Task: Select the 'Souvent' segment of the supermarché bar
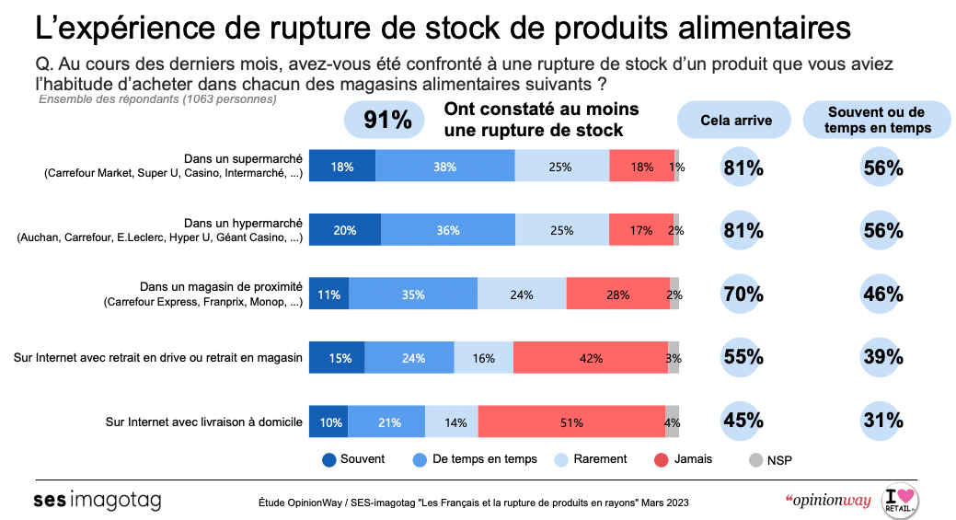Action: tap(341, 167)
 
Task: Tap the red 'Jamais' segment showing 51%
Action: tap(570, 422)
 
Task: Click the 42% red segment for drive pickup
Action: tap(590, 358)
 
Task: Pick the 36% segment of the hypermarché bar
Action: tap(448, 231)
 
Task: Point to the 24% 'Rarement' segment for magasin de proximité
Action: tap(522, 295)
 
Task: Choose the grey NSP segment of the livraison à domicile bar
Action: tap(673, 422)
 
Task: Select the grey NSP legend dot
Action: tap(755, 459)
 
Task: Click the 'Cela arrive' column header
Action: tap(736, 120)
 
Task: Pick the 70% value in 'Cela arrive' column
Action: tap(743, 295)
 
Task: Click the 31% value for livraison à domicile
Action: tap(882, 421)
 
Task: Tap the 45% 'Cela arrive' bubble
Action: tap(743, 421)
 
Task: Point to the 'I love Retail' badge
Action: tap(900, 501)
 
